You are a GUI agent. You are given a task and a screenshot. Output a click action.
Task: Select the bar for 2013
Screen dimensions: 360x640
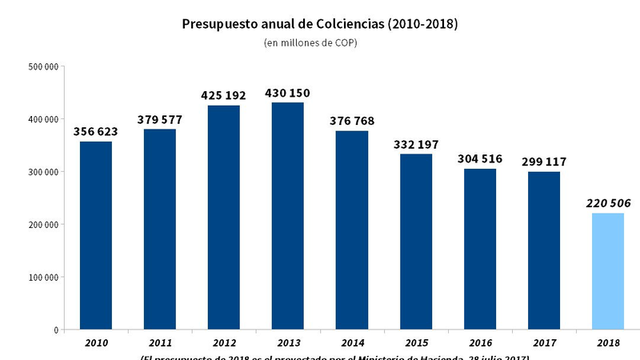pyautogui.click(x=288, y=216)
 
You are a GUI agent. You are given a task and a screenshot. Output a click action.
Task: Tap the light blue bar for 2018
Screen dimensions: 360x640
pyautogui.click(x=608, y=271)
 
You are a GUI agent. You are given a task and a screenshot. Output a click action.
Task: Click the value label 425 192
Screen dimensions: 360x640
pyautogui.click(x=224, y=95)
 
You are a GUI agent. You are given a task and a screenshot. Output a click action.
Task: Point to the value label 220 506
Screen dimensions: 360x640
pyautogui.click(x=608, y=203)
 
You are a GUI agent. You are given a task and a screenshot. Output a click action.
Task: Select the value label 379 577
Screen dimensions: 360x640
pyautogui.click(x=160, y=120)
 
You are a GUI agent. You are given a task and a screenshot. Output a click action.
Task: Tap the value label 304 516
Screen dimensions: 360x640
pyautogui.click(x=480, y=158)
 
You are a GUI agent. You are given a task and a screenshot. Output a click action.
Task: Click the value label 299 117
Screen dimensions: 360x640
pyautogui.click(x=544, y=162)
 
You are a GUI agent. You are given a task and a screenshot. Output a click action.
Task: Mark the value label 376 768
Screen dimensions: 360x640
pyautogui.click(x=352, y=121)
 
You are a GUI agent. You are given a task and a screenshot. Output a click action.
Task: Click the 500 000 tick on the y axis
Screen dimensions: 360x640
pyautogui.click(x=43, y=66)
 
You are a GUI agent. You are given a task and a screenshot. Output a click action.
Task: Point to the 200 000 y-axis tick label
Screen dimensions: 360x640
pyautogui.click(x=43, y=225)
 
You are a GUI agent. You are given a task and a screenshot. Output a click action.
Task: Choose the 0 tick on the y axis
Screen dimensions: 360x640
pyautogui.click(x=56, y=330)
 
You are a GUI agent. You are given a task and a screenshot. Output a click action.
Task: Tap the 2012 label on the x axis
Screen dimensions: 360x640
pyautogui.click(x=224, y=342)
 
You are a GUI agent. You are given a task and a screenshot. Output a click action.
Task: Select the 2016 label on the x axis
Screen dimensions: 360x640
pyautogui.click(x=480, y=342)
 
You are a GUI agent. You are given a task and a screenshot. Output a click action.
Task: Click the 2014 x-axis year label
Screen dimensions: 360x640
pyautogui.click(x=352, y=342)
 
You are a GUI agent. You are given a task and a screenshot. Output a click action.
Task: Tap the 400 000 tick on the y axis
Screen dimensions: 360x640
pyautogui.click(x=43, y=119)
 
